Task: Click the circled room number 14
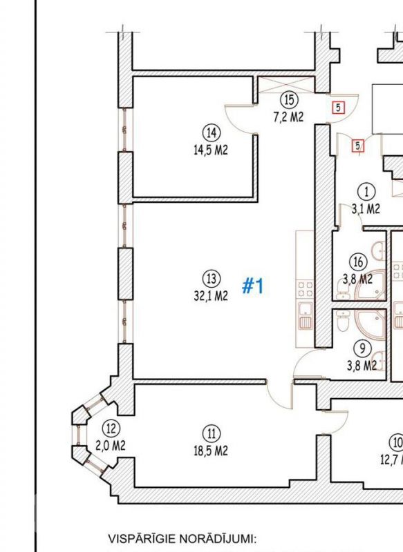[x=212, y=133]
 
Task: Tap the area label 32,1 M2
[x=211, y=296]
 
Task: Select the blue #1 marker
[x=253, y=286]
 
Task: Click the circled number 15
[x=289, y=99]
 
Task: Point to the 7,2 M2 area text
[x=288, y=117]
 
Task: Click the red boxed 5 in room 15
[x=338, y=108]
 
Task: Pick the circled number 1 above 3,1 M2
[x=366, y=192]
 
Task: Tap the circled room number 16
[x=358, y=262]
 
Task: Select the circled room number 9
[x=362, y=348]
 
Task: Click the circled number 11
[x=212, y=434]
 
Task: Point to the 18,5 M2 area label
[x=211, y=451]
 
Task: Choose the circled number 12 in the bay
[x=111, y=428]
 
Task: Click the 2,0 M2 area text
[x=111, y=446]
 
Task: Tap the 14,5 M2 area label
[x=211, y=150]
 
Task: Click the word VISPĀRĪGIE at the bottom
[x=143, y=539]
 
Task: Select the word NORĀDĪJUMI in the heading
[x=216, y=539]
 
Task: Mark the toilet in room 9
[x=343, y=320]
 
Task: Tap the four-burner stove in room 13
[x=305, y=288]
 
